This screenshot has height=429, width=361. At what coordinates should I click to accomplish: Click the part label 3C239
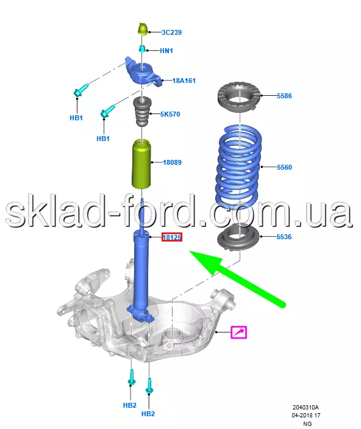coord(171,32)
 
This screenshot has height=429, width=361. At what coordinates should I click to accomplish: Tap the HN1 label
coord(166,51)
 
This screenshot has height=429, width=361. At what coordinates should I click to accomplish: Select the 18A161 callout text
coord(184,81)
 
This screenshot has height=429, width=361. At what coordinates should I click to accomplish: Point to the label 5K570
coord(170,114)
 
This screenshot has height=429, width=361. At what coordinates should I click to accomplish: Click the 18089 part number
coord(172,162)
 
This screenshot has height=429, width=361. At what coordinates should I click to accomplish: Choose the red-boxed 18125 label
coord(172,237)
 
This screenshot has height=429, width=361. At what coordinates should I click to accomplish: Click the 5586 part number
coord(284,96)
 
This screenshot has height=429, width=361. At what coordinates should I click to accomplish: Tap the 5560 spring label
coord(284,167)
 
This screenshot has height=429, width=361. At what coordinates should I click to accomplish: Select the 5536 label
coord(284,237)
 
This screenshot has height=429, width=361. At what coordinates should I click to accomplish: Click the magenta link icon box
coord(239,333)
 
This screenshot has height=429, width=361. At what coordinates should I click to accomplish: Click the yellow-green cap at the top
coord(143,29)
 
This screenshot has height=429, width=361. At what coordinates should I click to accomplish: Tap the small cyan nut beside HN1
coord(141,49)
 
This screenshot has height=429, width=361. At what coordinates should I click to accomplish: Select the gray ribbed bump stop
coord(141,112)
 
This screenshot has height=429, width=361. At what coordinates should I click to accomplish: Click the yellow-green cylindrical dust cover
coord(141,164)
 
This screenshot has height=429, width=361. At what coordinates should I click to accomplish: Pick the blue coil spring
coord(238,167)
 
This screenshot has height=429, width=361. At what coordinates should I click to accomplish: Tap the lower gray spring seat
coord(238,237)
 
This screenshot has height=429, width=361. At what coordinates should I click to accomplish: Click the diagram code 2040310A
coord(306,408)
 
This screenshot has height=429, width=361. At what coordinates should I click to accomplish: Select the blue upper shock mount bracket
coord(143,73)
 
